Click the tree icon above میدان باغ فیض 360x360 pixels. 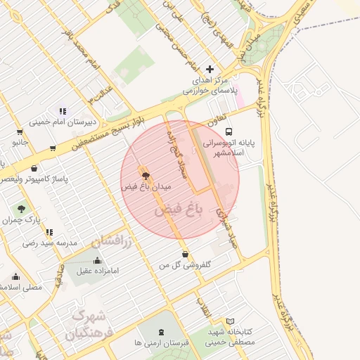click(146, 176)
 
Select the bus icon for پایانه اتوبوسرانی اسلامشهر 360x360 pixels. click(229, 131)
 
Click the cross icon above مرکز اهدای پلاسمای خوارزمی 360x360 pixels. click(209, 69)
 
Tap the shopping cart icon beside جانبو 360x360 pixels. click(53, 148)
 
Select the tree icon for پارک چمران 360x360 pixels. click(21, 209)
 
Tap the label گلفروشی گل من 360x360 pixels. click(184, 265)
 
